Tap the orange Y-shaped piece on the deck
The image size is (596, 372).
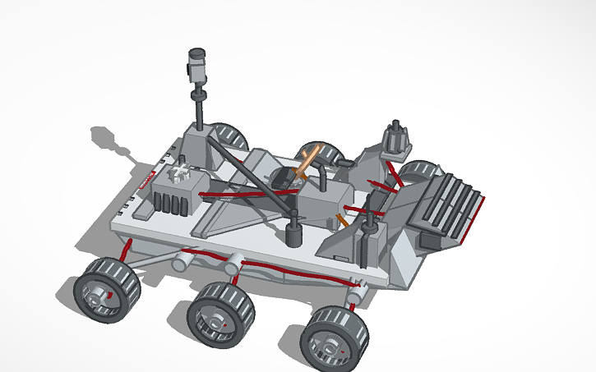click(x=305, y=160)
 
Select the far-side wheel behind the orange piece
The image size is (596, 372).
click(x=323, y=153)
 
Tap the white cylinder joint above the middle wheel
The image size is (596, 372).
click(x=233, y=264)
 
